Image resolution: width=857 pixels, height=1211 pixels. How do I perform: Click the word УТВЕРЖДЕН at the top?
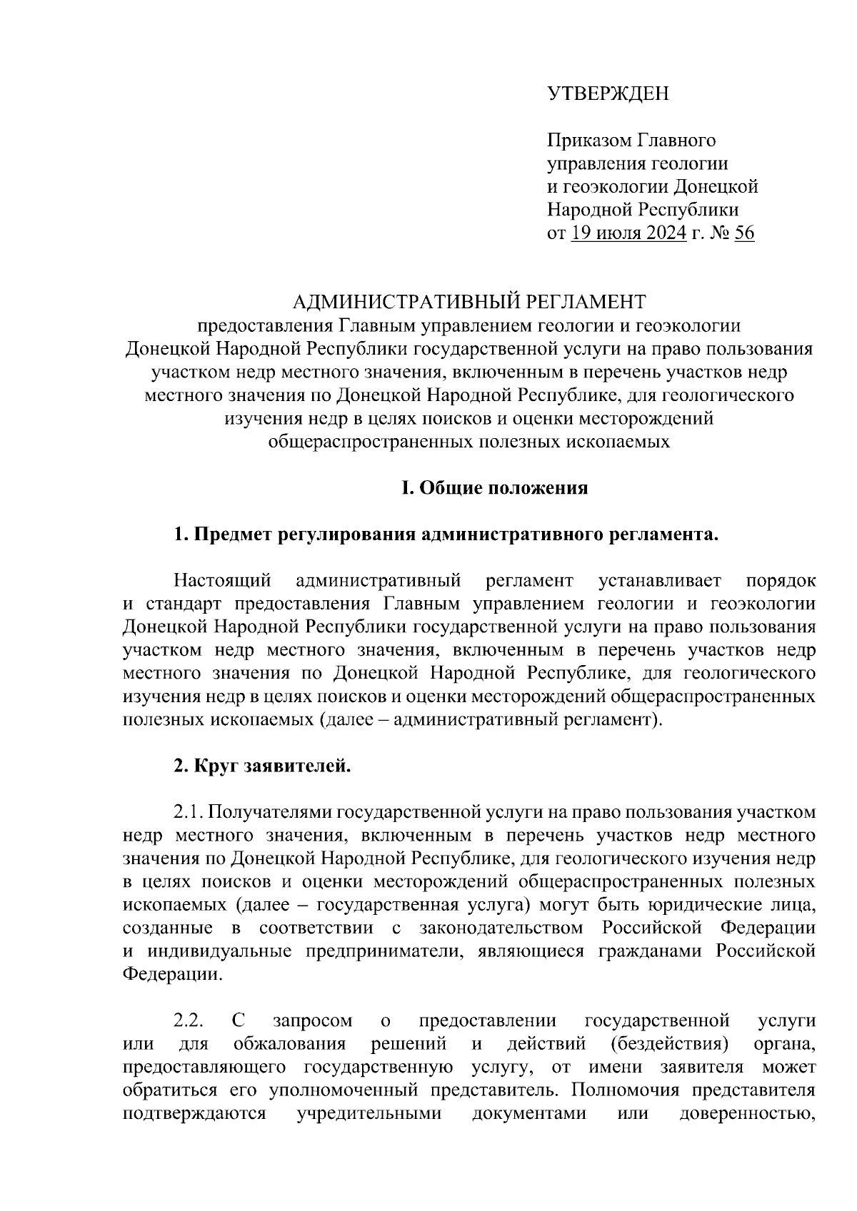[608, 93]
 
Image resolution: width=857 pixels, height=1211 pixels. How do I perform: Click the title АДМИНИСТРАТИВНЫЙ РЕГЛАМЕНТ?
[469, 302]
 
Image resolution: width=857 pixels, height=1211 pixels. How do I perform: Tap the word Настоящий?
[219, 580]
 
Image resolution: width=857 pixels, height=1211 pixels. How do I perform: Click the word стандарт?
[180, 604]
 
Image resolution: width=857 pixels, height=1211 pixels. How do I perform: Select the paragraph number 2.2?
[188, 1020]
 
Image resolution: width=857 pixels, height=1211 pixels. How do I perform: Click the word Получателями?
[270, 812]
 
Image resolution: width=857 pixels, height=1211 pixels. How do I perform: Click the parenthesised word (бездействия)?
[670, 1044]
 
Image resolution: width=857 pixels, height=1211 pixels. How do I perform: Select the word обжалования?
[290, 1044]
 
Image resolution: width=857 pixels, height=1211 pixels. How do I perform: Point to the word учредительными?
[369, 1113]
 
